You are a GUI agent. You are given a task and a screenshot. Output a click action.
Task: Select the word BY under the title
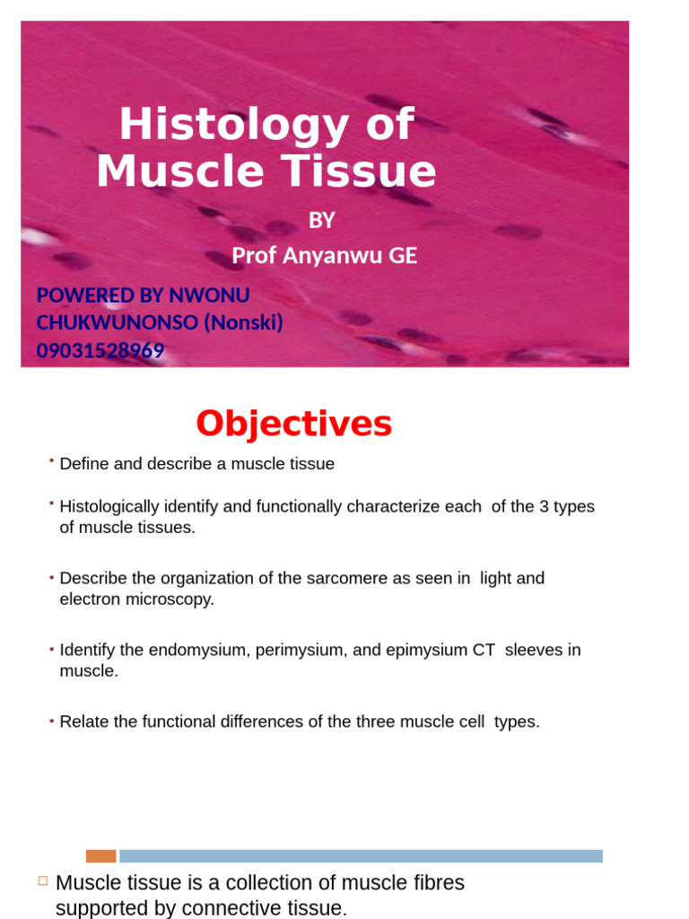click(x=321, y=220)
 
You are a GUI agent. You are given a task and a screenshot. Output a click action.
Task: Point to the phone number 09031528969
click(x=100, y=351)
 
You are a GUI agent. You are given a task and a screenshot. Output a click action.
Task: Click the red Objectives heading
click(x=293, y=424)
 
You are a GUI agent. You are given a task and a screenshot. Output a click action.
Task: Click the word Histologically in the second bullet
click(x=112, y=506)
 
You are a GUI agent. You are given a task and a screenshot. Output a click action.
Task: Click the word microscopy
click(x=175, y=599)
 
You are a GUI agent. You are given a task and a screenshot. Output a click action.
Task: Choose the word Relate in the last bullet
click(x=83, y=722)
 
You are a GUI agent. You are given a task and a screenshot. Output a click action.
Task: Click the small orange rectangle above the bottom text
click(x=100, y=856)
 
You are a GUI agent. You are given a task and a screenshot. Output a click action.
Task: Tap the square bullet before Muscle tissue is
click(x=42, y=881)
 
